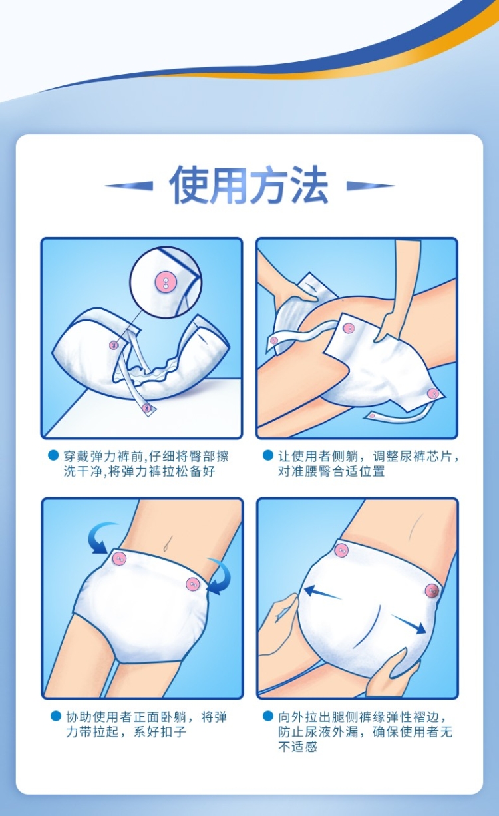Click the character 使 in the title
coord(189,184)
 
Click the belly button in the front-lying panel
coord(168,545)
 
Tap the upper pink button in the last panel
coord(341,551)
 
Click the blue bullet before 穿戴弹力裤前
coord(53,455)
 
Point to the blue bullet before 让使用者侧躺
coord(268,455)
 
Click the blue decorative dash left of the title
coord(129,186)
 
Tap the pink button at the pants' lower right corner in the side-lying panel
coord(432,394)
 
